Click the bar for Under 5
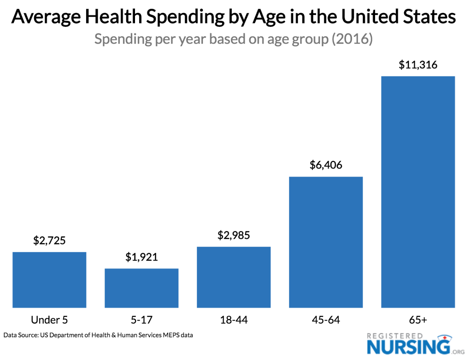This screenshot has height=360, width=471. pos(49,280)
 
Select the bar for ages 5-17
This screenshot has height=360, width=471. pos(141,288)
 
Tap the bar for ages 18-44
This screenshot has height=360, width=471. pos(234,277)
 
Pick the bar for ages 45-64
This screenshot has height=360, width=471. pos(326,242)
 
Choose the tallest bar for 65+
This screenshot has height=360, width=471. pos(418,192)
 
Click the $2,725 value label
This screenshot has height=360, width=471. pos(49,241)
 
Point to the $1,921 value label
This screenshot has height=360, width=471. pos(141,257)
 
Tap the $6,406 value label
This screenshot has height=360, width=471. pos(326,165)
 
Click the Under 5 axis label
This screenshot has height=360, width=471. pos(49,320)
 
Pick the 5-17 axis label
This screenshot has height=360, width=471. pos(141,320)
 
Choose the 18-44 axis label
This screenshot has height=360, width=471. pos(234,320)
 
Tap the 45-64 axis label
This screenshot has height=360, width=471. pos(326,320)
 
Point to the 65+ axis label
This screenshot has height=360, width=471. pos(418,320)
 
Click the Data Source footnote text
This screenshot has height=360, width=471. pos(96,335)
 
